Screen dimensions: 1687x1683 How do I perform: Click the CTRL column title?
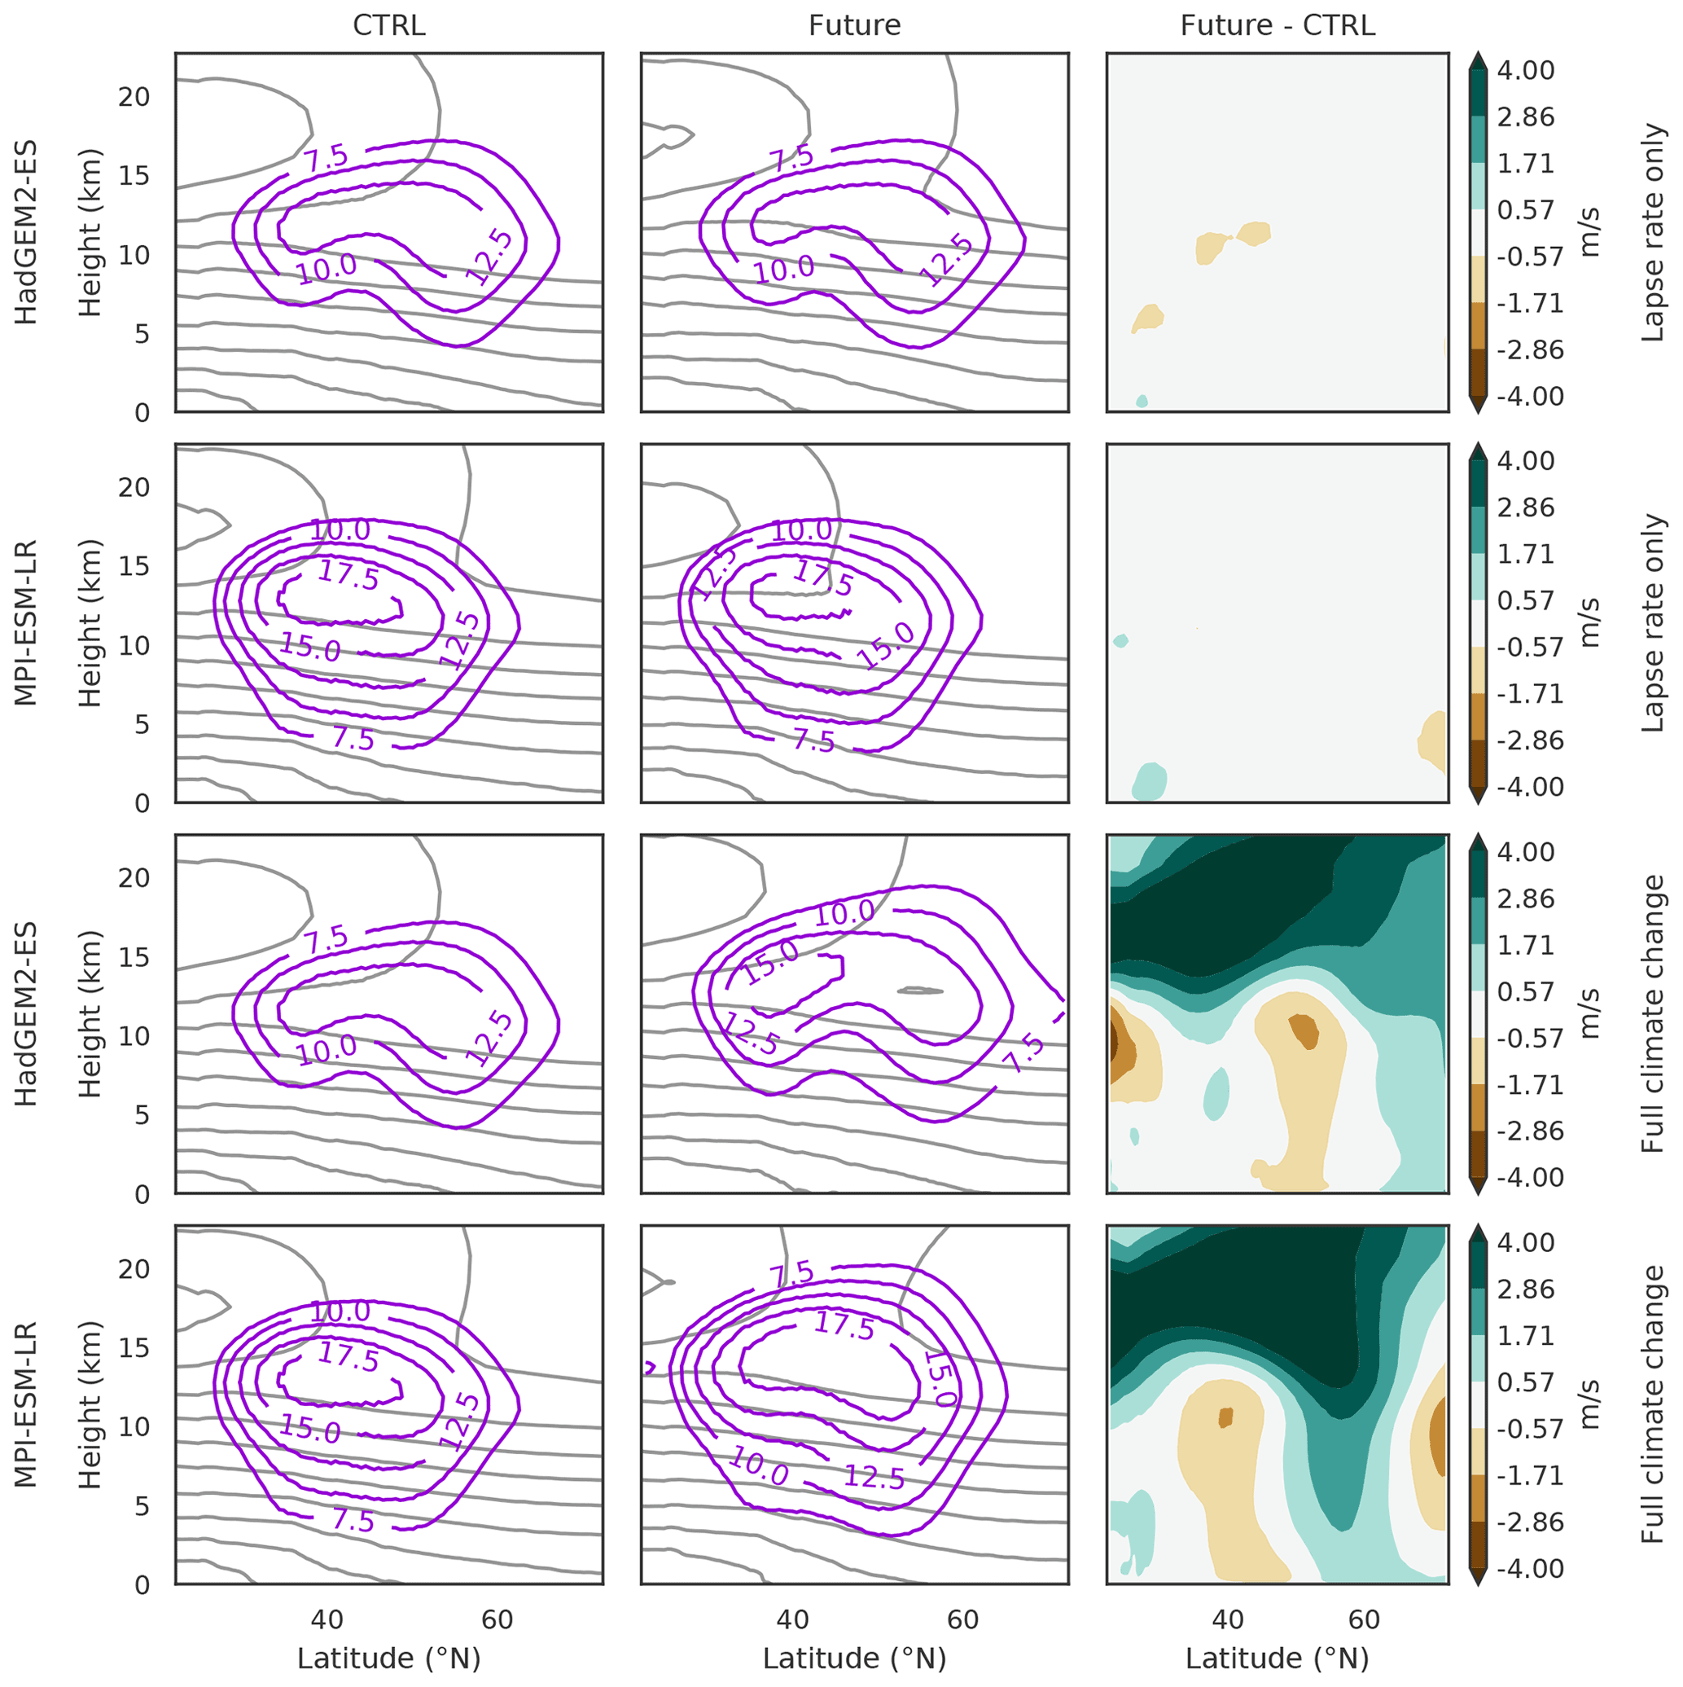tap(388, 25)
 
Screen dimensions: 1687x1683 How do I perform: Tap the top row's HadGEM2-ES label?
tap(26, 232)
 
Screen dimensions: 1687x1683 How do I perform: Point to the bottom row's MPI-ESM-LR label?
tap(26, 1404)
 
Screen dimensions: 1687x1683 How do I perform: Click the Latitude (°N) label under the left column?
tap(388, 1658)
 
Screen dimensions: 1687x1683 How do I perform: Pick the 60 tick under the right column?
tap(1364, 1619)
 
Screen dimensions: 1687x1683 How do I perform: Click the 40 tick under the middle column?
tap(792, 1619)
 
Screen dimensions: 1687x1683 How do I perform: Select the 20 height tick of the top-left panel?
tap(134, 97)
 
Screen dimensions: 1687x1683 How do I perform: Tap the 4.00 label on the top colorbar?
tap(1526, 71)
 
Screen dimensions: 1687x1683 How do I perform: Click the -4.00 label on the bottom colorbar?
tap(1530, 1568)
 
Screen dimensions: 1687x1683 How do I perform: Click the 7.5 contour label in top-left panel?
tap(327, 159)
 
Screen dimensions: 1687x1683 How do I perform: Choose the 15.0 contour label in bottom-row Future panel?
tap(940, 1379)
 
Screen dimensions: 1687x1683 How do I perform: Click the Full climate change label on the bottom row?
tap(1652, 1404)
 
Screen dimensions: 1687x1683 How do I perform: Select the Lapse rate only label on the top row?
tap(1652, 232)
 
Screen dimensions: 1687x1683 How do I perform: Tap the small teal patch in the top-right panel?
tap(1142, 401)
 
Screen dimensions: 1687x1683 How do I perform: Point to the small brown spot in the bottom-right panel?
tap(1225, 1417)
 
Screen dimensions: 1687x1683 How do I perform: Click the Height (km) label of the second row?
tap(90, 622)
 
